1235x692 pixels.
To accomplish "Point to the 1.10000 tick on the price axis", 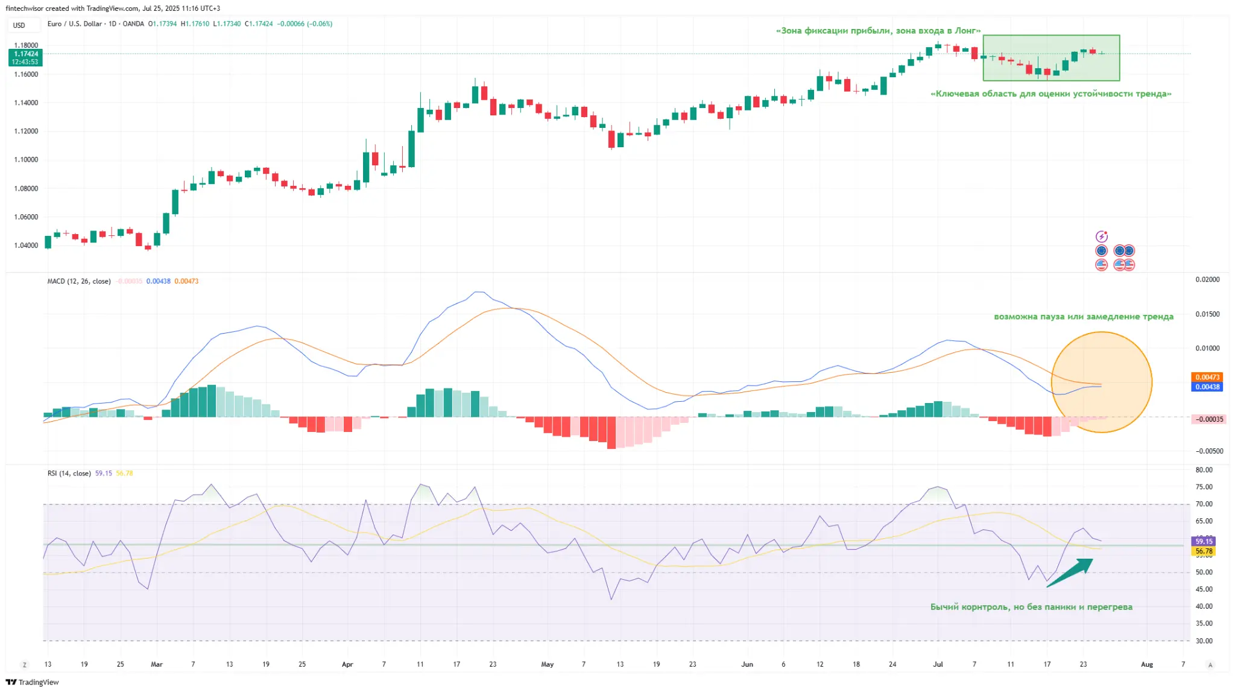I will point(26,160).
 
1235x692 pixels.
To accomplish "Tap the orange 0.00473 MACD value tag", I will point(1207,377).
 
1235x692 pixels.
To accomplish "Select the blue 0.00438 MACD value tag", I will point(1207,387).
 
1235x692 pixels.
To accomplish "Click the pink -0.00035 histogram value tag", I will point(1208,419).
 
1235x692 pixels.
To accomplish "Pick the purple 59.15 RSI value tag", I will point(1204,541).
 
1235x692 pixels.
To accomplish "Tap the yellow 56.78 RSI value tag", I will point(1204,551).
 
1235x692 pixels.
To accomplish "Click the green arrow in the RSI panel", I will point(1070,573).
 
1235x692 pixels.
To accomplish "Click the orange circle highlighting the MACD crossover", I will point(1101,382).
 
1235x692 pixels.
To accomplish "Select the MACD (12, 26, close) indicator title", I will point(79,281).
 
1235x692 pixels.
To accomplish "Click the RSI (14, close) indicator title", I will point(69,473).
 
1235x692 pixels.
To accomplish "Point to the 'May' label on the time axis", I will point(547,664).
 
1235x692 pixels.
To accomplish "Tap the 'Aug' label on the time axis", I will point(1146,664).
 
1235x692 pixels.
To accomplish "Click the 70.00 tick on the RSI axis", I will point(1204,504).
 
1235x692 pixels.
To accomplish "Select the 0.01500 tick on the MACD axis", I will point(1207,314).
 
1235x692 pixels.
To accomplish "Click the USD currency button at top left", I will point(19,25).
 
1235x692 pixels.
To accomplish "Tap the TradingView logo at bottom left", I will point(33,682).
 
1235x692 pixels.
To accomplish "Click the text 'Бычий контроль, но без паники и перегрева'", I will point(1031,607).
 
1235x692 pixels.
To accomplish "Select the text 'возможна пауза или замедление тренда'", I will point(1083,316).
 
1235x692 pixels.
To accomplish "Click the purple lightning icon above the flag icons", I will point(1101,236).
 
